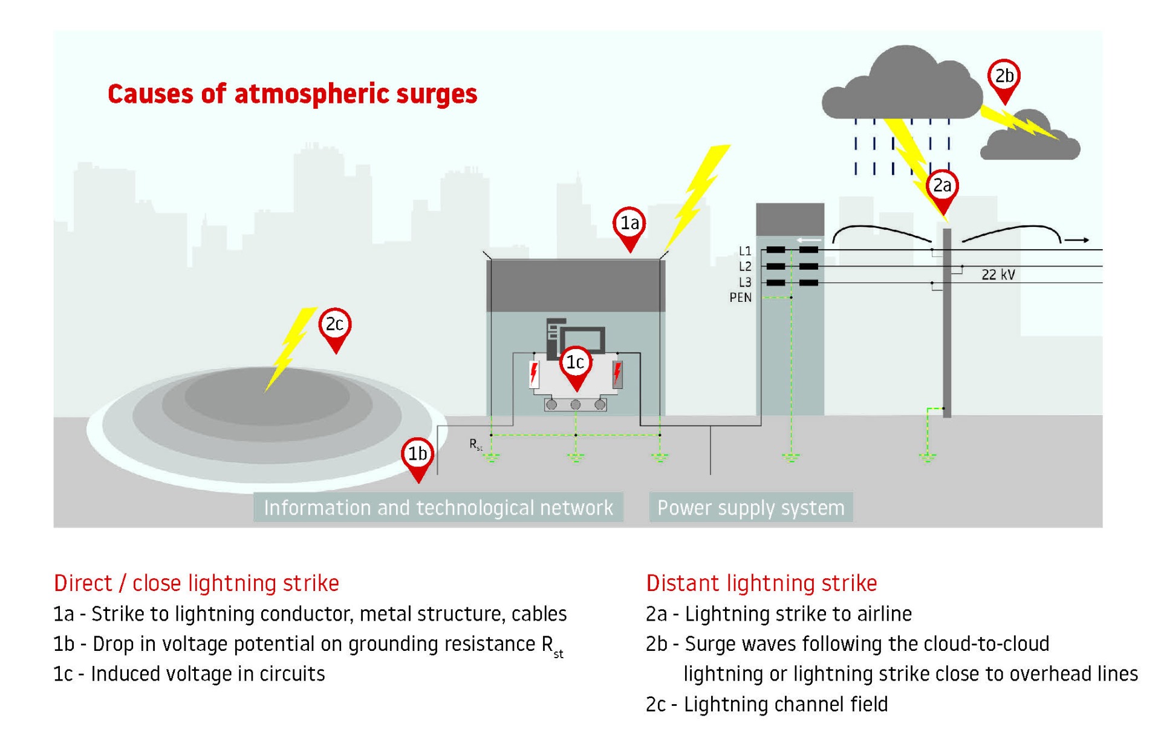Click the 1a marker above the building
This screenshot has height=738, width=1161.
coord(629,224)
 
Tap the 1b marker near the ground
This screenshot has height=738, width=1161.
coord(417,454)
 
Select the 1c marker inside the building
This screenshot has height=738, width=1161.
coord(575,363)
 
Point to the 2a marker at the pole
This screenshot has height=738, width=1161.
coord(942,186)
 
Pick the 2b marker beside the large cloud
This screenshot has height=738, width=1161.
coord(1004,76)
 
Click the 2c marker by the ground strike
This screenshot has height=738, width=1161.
coord(335,325)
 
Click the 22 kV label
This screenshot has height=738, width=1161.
coord(998,275)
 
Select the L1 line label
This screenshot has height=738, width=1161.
coord(744,250)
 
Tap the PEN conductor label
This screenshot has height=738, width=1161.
coord(740,298)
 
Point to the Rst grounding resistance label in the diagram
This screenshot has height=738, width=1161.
coord(476,445)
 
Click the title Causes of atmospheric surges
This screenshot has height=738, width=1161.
coord(292,94)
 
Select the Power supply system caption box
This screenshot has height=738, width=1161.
coord(750,508)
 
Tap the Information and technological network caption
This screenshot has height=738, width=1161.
coord(438,508)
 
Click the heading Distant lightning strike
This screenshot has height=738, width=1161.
coord(761,583)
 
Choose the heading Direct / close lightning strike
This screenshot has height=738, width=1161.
coord(197,583)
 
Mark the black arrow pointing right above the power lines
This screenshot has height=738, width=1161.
coord(1076,240)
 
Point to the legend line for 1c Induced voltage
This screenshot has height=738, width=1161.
coord(189,674)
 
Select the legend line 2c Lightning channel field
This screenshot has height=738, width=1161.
coord(767,704)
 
